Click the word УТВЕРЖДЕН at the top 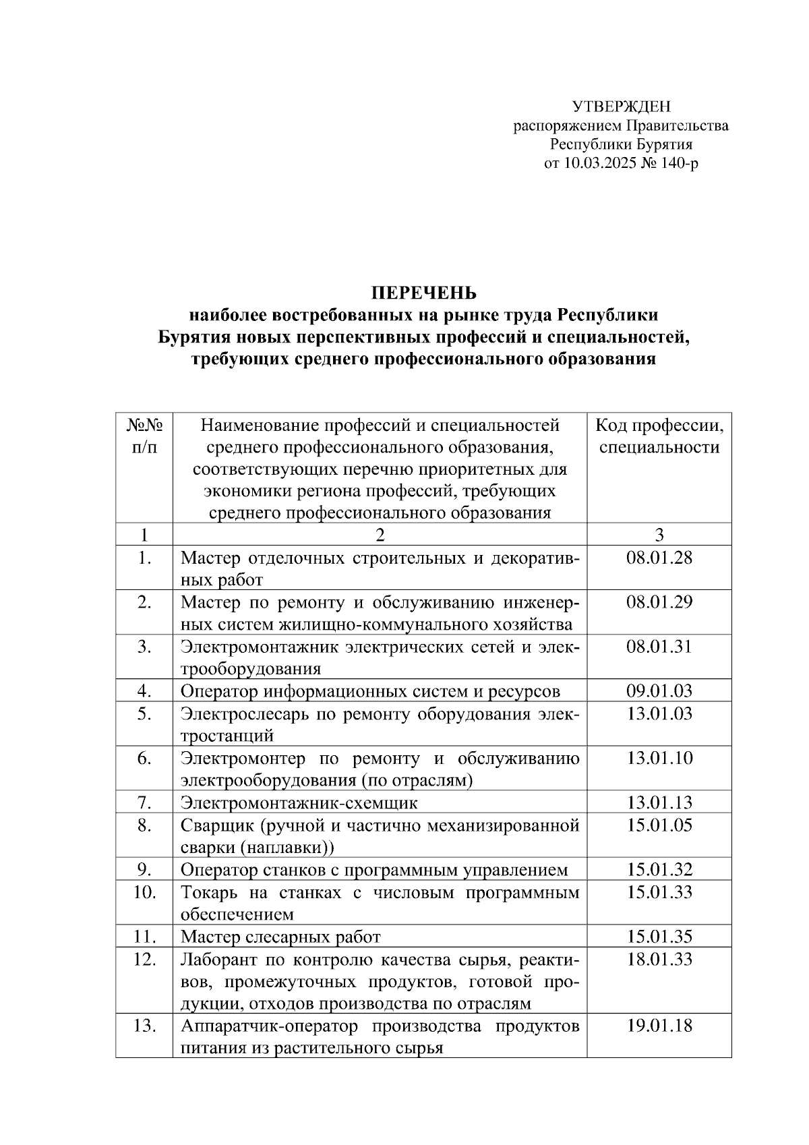coord(621,107)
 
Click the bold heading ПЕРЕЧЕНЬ coord(424,293)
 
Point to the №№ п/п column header coord(144,436)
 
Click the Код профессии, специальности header coord(659,436)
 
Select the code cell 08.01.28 coord(659,558)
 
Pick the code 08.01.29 coord(659,602)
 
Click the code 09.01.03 coord(659,691)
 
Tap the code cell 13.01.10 coord(659,758)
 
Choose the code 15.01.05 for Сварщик coord(659,825)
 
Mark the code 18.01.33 coord(659,958)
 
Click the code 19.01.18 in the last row coord(659,1026)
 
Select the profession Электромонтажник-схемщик coord(299,802)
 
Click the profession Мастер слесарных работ coord(280,937)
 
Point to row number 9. coord(144,869)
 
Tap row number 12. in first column coord(144,958)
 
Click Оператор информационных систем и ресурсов coord(370,691)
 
